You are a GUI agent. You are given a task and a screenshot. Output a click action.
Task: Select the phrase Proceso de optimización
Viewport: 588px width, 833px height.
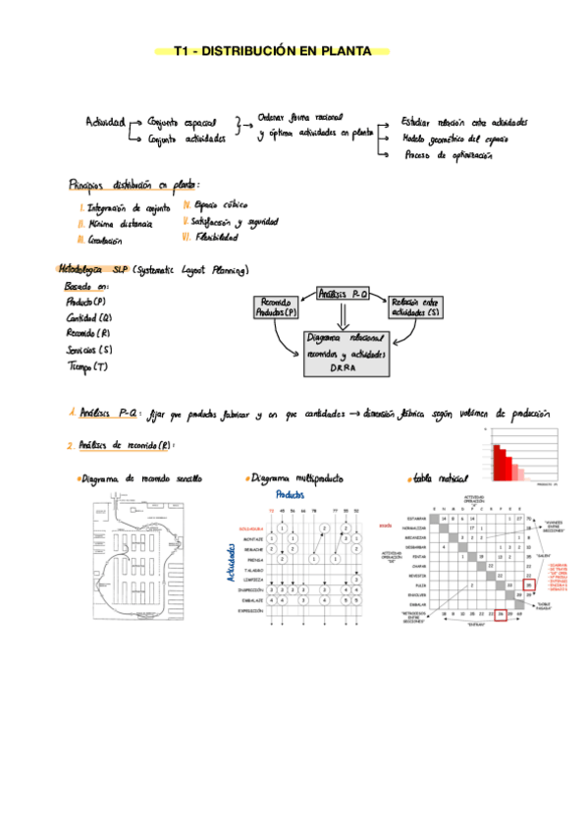tap(448, 155)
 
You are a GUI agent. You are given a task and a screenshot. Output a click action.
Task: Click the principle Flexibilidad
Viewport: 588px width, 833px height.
tap(210, 237)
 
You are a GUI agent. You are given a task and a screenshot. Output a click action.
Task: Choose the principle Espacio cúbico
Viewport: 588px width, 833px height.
tap(215, 205)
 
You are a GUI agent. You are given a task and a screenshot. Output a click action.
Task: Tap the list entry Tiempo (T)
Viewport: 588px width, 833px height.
tap(86, 366)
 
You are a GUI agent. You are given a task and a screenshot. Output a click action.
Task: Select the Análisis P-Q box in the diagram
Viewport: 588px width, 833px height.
tap(342, 293)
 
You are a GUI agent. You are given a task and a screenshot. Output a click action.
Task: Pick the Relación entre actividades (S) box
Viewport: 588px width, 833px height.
tap(413, 306)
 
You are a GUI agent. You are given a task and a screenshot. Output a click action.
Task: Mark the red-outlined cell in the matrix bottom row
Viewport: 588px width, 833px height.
tap(500, 616)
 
